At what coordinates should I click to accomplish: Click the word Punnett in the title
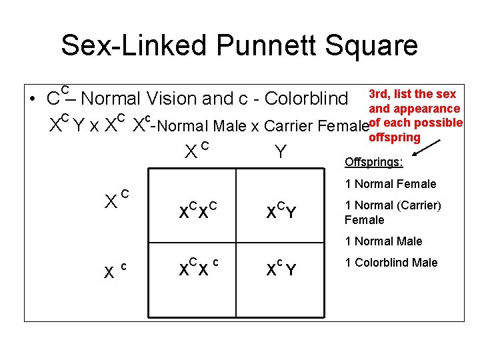(253, 45)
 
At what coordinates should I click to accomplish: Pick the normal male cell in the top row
(281, 211)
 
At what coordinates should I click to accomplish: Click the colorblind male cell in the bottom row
(281, 269)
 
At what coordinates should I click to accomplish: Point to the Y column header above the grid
(281, 153)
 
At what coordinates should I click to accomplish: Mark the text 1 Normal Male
(383, 241)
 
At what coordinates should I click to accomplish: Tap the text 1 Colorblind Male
(391, 262)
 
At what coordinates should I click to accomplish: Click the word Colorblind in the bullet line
(306, 99)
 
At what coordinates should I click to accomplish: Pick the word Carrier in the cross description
(293, 125)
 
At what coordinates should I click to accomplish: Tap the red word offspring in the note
(395, 137)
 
